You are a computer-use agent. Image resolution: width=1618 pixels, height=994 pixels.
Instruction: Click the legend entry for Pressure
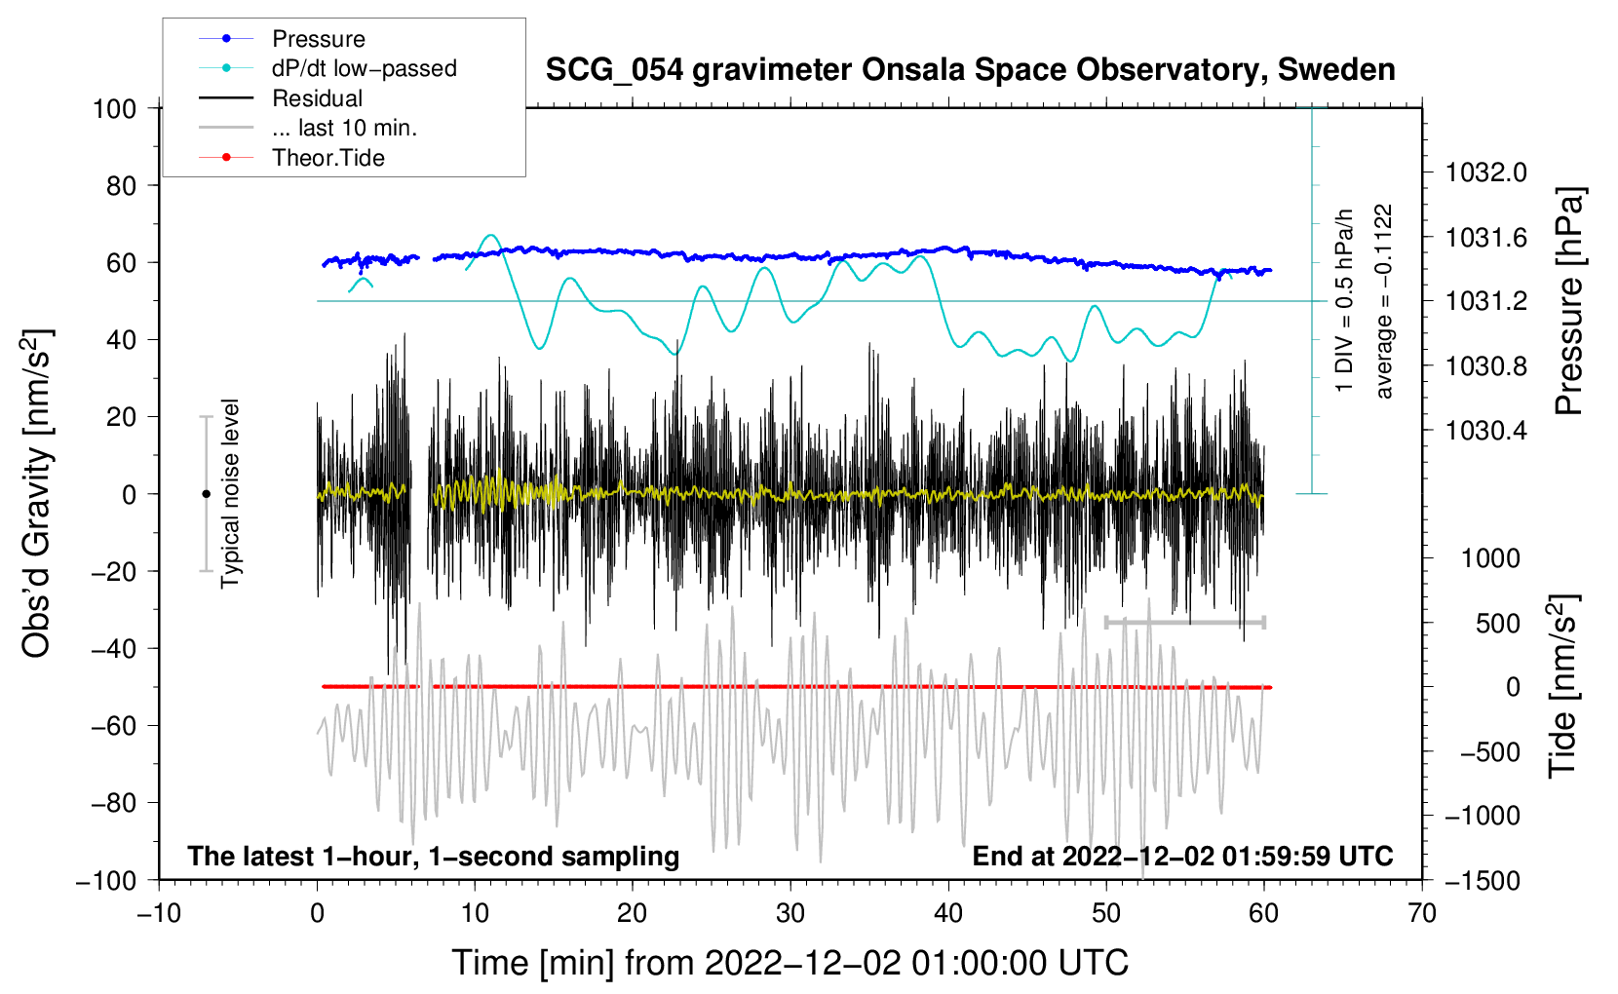[282, 38]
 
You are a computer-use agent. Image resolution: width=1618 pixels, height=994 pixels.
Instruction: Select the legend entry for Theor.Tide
[291, 158]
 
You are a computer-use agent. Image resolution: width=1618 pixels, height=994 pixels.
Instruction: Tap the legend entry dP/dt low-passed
[327, 68]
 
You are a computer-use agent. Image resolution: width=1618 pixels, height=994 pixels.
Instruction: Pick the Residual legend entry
[281, 98]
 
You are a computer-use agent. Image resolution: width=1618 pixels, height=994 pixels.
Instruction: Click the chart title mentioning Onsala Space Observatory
[970, 70]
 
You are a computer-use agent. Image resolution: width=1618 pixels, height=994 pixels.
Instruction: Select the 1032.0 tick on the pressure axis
[1485, 172]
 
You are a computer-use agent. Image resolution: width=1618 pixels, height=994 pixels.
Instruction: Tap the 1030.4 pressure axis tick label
[1485, 431]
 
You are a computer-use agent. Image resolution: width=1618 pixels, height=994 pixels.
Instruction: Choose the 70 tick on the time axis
[1421, 913]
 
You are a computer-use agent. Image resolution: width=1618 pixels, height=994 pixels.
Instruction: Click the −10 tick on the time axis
[159, 913]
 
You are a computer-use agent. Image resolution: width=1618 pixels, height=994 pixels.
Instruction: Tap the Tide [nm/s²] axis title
[1563, 686]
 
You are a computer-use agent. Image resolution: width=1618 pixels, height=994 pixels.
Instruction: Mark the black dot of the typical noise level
[206, 494]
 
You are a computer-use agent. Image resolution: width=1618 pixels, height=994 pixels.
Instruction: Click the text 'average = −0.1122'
[1383, 301]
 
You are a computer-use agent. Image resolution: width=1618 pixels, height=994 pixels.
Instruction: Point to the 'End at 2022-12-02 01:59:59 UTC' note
[1182, 856]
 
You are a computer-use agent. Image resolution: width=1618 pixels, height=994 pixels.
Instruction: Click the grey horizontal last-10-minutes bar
[1185, 622]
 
